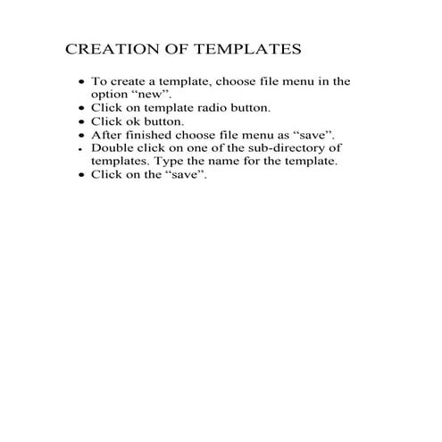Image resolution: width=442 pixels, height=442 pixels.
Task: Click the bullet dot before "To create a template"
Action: click(x=82, y=81)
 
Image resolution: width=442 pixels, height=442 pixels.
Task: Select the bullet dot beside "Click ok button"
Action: click(x=82, y=121)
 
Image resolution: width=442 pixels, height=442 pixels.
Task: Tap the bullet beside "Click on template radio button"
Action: click(x=82, y=108)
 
